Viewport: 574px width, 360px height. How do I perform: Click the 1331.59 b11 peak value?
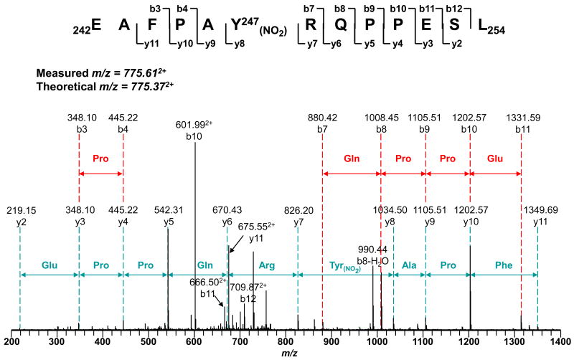[520, 116]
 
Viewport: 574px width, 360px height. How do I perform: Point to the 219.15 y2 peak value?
[20, 212]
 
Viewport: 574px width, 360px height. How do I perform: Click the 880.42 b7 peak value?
[323, 116]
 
